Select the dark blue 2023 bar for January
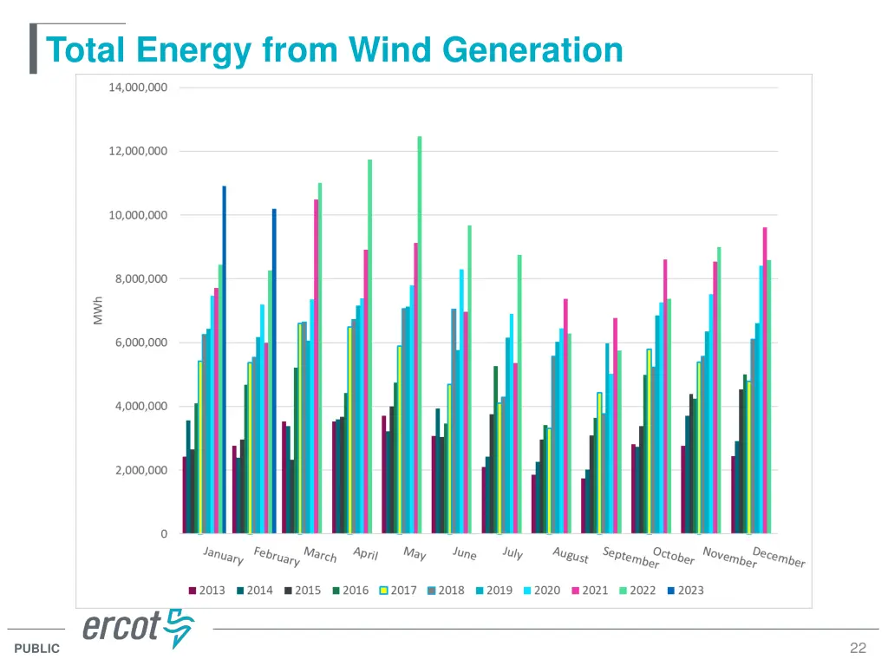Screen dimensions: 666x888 224,359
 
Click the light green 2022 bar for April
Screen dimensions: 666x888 369,346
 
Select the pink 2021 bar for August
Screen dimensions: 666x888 565,415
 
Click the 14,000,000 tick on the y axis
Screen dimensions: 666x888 138,88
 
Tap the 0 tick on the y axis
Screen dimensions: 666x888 164,534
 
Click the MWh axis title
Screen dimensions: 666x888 98,310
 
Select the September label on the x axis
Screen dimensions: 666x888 630,558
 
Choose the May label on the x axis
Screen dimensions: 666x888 415,553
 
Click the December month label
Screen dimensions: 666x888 779,557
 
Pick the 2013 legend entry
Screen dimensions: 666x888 207,591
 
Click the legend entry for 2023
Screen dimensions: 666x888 685,591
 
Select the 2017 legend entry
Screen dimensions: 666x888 398,591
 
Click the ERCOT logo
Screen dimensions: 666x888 139,628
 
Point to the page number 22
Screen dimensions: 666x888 859,648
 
